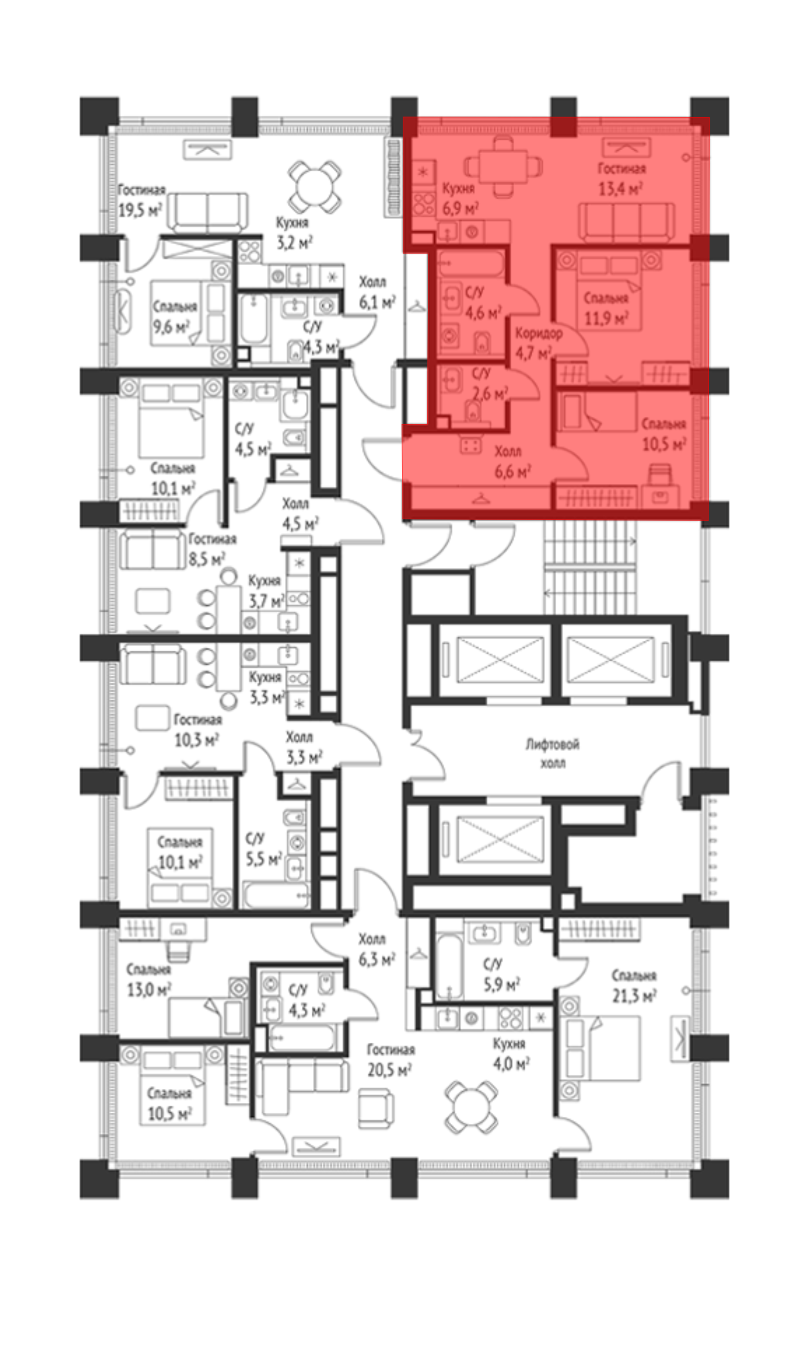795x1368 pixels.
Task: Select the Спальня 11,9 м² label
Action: coord(606,308)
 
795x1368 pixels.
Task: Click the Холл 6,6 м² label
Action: coord(512,461)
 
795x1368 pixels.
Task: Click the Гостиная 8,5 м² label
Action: coord(211,549)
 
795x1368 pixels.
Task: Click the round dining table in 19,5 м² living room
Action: coord(314,187)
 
